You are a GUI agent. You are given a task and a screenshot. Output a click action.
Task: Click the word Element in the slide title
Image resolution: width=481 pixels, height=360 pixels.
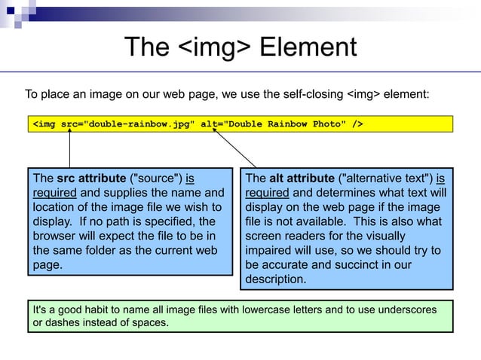[x=308, y=47]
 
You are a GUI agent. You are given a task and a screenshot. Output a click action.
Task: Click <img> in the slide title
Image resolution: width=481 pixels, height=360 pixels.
[x=215, y=47]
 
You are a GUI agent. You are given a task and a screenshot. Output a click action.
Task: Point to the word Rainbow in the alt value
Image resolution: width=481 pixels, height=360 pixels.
[x=283, y=124]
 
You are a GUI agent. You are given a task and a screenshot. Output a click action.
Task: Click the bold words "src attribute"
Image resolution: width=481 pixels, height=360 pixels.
[x=90, y=178]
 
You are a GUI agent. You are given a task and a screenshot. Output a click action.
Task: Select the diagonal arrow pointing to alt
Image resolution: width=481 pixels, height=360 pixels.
[x=237, y=147]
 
